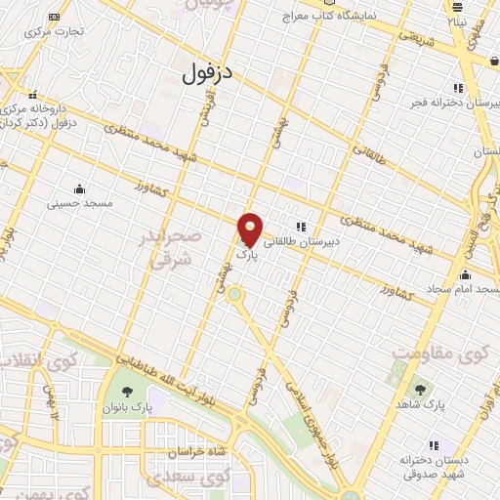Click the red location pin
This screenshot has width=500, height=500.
click(x=251, y=229)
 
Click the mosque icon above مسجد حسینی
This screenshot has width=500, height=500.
click(x=79, y=188)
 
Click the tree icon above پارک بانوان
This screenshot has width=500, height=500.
click(x=123, y=384)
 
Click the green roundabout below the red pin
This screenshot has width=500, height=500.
click(x=235, y=294)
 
